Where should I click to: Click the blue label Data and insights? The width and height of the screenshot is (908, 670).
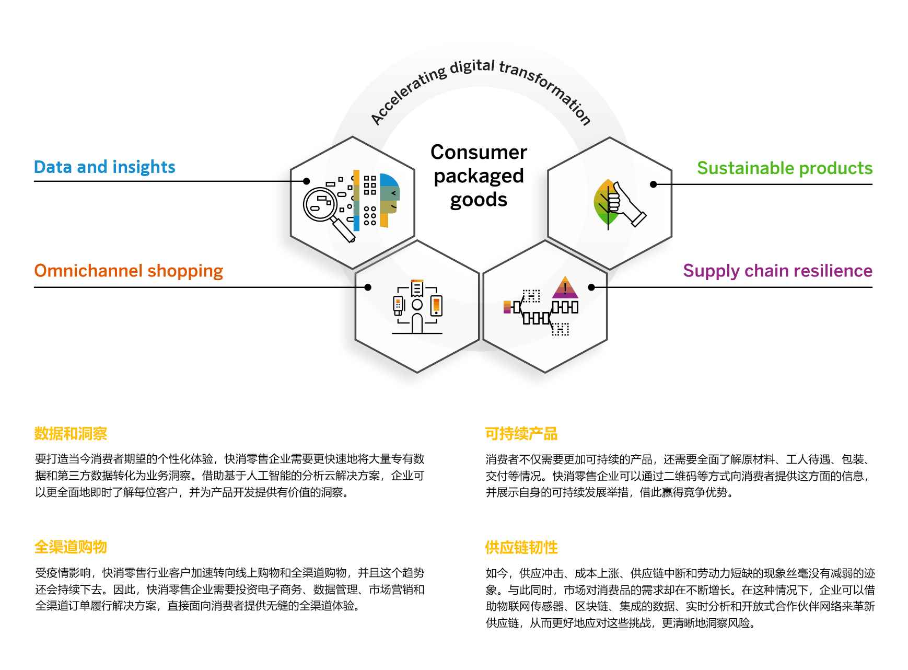pos(104,167)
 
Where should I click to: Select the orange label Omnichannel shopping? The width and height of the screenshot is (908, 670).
pos(129,271)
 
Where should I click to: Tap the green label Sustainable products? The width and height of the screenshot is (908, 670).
pos(784,168)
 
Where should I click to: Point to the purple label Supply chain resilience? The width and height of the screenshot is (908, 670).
pos(777,271)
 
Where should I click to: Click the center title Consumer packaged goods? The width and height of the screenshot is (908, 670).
pos(479,176)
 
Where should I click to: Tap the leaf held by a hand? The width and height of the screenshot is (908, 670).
pos(606,204)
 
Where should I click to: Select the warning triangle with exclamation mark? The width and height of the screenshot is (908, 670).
pos(565,288)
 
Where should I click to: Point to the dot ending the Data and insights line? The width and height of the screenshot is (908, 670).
pos(307,181)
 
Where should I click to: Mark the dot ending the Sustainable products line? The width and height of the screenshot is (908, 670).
pos(653,184)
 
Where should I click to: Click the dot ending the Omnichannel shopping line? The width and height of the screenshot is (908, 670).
pos(368,287)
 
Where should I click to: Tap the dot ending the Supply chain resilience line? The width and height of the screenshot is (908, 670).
pos(591,287)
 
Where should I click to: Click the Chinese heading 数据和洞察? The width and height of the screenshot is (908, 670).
pos(71,434)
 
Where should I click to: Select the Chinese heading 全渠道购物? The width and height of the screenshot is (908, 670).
pos(71,547)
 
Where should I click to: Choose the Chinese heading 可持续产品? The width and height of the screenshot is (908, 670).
pos(521,434)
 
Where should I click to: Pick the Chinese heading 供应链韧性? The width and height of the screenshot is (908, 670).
pos(521,548)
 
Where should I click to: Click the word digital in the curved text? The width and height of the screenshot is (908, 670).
pos(472,67)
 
